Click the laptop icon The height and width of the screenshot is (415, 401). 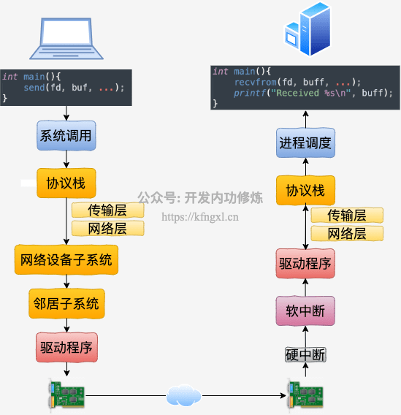coord(66,39)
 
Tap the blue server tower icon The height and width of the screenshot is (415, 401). coord(308,29)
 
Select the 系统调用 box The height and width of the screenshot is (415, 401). coord(66,135)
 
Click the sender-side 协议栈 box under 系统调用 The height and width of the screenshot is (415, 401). coord(66,183)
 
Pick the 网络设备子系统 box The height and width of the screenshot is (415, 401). coord(66,259)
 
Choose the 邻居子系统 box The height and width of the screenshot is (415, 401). coord(66,303)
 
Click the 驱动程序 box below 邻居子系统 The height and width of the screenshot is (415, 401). coord(66,347)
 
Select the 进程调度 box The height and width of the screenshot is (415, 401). coord(305,142)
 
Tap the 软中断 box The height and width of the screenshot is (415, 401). coord(305,311)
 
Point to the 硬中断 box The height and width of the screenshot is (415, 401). coord(305,354)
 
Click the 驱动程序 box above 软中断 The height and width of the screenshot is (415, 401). coord(305,264)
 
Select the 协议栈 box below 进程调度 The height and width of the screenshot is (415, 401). coord(305,190)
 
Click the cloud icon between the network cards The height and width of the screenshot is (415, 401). coord(183,395)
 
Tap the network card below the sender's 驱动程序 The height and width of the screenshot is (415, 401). coord(66,395)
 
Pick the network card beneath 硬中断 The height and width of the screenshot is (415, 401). coord(305,395)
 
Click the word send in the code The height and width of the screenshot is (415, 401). coord(34,88)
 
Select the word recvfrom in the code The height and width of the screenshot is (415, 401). coord(256,83)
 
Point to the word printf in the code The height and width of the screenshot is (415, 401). coord(250,93)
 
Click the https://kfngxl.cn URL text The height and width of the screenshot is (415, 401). coord(200,217)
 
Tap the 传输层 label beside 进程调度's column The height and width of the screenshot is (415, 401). coord(347,216)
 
